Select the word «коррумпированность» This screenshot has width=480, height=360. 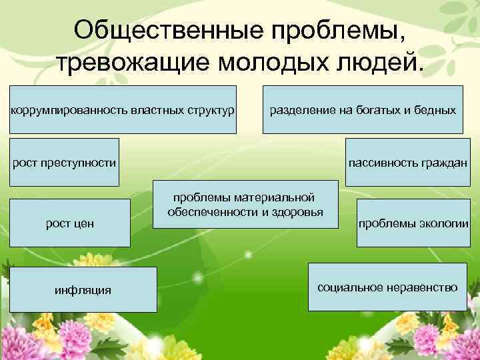tap(57, 109)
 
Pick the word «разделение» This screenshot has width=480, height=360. tap(298, 109)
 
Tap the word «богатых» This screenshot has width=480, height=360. tap(377, 109)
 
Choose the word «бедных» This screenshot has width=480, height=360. tap(434, 109)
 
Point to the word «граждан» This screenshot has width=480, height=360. tap(449, 162)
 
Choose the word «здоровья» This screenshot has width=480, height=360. tap(297, 212)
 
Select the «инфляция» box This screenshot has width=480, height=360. tap(83, 289)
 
